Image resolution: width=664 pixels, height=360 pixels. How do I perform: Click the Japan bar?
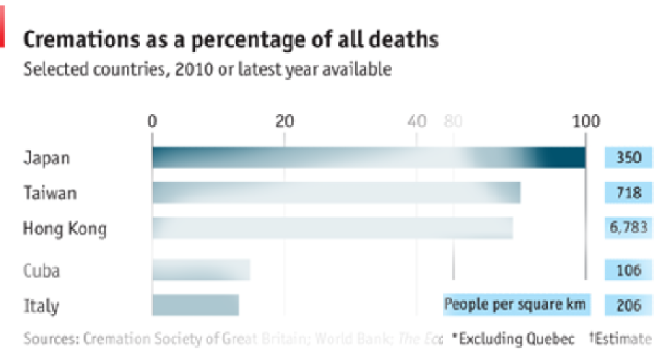[x=368, y=158]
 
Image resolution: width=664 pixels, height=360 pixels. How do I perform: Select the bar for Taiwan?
[x=336, y=193]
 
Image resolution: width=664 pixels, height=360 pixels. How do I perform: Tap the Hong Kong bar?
[x=332, y=228]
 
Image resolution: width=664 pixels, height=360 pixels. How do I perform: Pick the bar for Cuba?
[x=201, y=270]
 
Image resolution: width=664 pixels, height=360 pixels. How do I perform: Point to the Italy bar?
[x=195, y=305]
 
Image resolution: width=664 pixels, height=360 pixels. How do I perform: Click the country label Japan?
[x=47, y=158]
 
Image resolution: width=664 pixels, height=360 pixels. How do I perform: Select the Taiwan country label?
[x=50, y=193]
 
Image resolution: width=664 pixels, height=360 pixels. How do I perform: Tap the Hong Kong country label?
[x=65, y=229]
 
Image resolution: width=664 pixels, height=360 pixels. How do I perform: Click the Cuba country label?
[x=42, y=270]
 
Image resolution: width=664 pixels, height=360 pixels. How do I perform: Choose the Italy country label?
[x=41, y=305]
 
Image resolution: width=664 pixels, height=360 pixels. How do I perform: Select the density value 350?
[x=629, y=158]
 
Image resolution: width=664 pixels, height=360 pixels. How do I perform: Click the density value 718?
[x=629, y=193]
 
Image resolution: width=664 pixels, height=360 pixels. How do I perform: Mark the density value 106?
[x=629, y=270]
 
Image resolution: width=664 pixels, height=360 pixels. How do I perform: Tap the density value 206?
[x=629, y=305]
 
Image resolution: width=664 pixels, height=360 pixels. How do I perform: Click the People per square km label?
[x=516, y=304]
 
